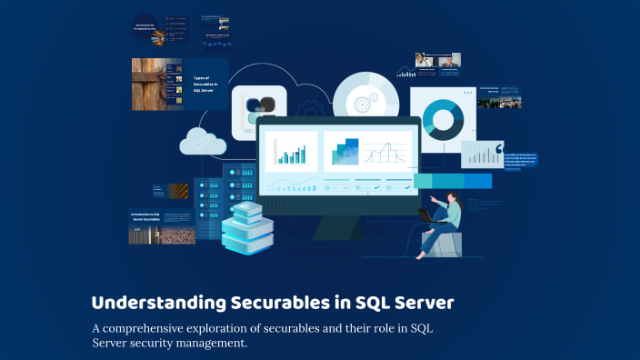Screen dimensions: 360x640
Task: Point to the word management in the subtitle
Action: tap(205, 344)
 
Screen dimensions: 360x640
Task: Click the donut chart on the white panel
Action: tap(443, 119)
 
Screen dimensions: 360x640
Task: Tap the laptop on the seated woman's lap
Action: tap(427, 216)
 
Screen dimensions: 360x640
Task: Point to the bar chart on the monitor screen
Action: tap(291, 151)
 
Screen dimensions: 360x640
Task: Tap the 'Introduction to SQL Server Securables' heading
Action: tap(145, 218)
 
